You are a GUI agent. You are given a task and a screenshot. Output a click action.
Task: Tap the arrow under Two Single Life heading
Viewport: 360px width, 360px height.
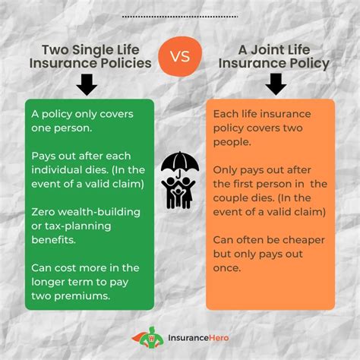(87, 84)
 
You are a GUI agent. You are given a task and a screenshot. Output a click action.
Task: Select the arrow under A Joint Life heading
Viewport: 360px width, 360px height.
(276, 84)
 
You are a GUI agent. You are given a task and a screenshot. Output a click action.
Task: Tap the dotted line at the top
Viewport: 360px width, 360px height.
(179, 15)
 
